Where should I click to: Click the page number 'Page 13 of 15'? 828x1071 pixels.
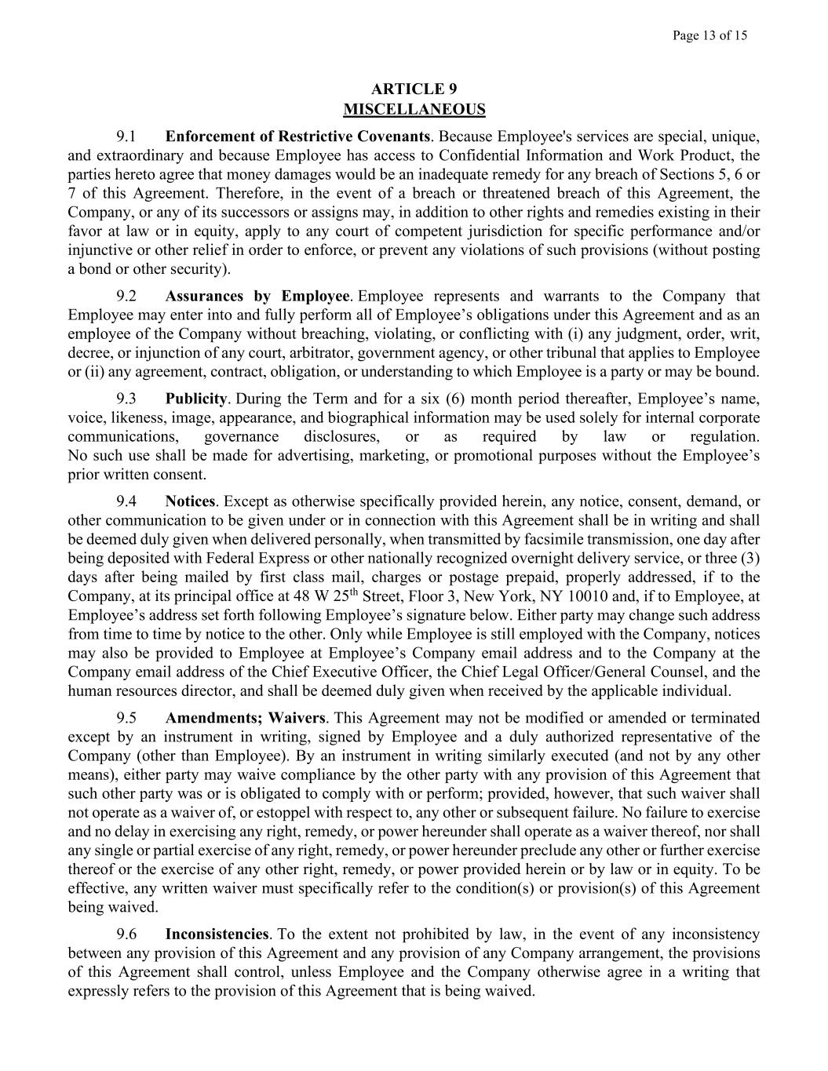(x=709, y=35)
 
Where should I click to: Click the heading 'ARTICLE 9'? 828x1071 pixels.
(x=414, y=89)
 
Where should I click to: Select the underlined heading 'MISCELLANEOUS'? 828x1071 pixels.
(x=414, y=109)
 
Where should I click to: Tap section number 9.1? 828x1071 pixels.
(x=126, y=137)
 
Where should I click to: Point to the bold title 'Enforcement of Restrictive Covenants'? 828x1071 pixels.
(x=297, y=137)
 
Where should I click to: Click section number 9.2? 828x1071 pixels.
(x=126, y=296)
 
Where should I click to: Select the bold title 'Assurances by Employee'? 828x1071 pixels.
(x=257, y=296)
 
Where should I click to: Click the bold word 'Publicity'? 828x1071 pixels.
(x=195, y=399)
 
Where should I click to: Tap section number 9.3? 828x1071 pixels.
(x=126, y=399)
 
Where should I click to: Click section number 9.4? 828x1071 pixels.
(x=126, y=501)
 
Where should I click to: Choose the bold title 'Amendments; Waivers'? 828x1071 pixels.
(x=245, y=718)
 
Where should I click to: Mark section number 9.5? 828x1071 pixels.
(x=126, y=718)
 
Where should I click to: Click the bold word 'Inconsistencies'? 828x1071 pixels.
(x=217, y=934)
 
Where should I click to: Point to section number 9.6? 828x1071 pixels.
(x=126, y=934)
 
